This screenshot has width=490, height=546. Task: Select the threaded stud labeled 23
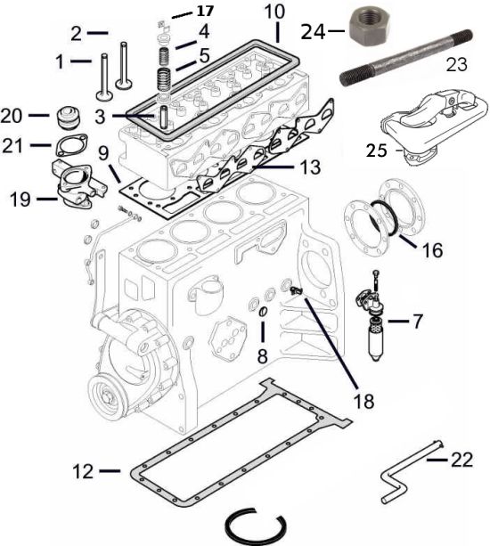(x=406, y=58)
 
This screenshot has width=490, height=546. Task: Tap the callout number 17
(x=205, y=12)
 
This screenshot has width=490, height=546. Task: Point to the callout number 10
(x=274, y=12)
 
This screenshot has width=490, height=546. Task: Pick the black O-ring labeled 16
(x=384, y=219)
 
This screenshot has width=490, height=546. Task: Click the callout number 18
(x=363, y=401)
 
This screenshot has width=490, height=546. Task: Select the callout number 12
(x=83, y=472)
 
